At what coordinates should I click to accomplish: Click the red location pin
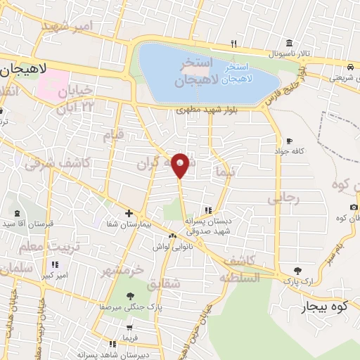click(181, 165)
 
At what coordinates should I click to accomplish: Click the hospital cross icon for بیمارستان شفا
click(128, 213)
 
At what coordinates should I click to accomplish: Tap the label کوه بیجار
click(325, 307)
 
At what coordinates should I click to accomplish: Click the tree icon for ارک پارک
click(298, 271)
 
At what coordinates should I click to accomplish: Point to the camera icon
click(353, 207)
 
